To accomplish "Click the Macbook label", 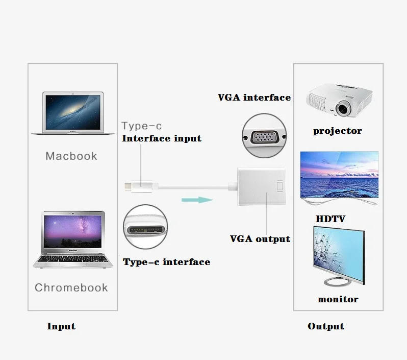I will [71, 156].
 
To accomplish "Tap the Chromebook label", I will [71, 287].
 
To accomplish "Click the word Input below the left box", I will [61, 326].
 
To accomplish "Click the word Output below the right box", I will [326, 326].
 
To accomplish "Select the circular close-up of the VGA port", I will [263, 135].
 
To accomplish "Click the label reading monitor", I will [338, 299].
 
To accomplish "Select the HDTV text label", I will [330, 219].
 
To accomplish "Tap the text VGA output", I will [260, 238].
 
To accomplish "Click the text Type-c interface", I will [166, 262].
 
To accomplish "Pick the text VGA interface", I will [254, 97].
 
